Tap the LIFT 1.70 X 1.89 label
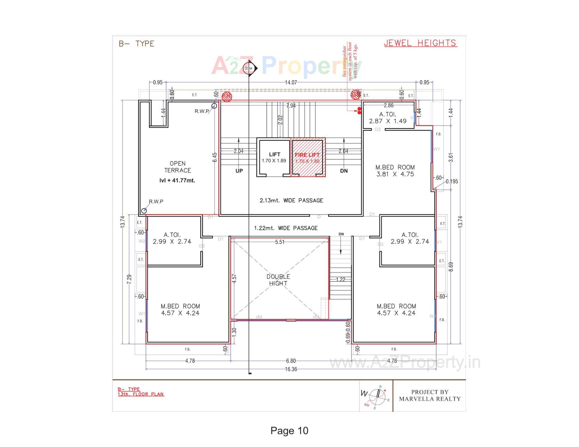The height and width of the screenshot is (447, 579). tap(274, 157)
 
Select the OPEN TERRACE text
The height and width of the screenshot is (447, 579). tap(178, 167)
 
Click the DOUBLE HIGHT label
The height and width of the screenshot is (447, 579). tap(278, 280)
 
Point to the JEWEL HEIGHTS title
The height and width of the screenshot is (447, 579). tap(420, 43)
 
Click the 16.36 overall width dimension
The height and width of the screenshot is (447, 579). tap(291, 369)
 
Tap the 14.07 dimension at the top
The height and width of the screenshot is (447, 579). tap(291, 82)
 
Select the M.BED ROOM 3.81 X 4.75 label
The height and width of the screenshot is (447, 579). tap(395, 171)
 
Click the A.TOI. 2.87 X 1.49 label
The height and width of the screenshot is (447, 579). tap(388, 118)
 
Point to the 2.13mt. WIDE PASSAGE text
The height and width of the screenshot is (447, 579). tap(291, 200)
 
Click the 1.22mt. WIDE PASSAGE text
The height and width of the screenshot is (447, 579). tap(286, 228)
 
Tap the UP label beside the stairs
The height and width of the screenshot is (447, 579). tap(239, 171)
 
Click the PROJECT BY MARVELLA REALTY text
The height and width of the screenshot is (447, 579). tap(430, 395)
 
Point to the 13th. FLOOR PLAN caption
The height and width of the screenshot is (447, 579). tap(141, 394)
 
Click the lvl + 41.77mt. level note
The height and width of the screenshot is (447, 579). tap(177, 181)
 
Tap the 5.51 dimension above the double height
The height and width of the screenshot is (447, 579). tap(280, 242)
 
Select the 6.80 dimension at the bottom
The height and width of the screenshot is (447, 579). tap(291, 361)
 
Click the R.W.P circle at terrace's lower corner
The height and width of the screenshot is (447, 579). tap(144, 211)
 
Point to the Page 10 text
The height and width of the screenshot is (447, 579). tap(289, 431)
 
